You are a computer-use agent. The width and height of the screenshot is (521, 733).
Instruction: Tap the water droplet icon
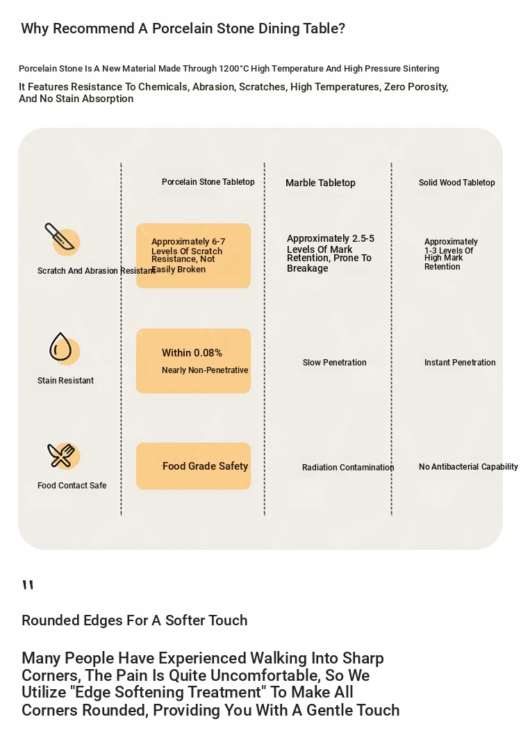60,347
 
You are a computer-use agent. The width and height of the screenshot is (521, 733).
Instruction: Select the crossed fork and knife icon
60,455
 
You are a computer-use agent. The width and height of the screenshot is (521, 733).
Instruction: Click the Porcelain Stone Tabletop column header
208,182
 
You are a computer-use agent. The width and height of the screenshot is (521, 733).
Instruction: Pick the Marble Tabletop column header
320,183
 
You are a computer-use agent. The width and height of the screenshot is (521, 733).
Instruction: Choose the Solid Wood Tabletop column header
456,182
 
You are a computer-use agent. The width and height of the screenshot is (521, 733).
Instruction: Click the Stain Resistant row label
65,381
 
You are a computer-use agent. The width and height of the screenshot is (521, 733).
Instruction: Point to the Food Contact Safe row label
72,485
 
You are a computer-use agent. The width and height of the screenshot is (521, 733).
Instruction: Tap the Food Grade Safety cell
205,466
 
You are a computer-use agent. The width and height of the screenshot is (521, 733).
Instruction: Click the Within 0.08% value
192,352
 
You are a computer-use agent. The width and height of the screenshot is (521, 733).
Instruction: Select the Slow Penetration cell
335,362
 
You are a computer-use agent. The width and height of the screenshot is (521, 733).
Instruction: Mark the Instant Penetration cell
460,362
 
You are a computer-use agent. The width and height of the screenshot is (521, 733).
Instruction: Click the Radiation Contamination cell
348,467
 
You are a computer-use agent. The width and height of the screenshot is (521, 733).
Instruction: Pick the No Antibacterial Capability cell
468,466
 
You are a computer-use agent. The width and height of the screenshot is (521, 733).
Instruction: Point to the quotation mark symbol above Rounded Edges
28,584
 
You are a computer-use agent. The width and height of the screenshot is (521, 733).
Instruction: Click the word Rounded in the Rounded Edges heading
51,620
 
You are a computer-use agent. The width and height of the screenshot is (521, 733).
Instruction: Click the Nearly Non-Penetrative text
205,370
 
